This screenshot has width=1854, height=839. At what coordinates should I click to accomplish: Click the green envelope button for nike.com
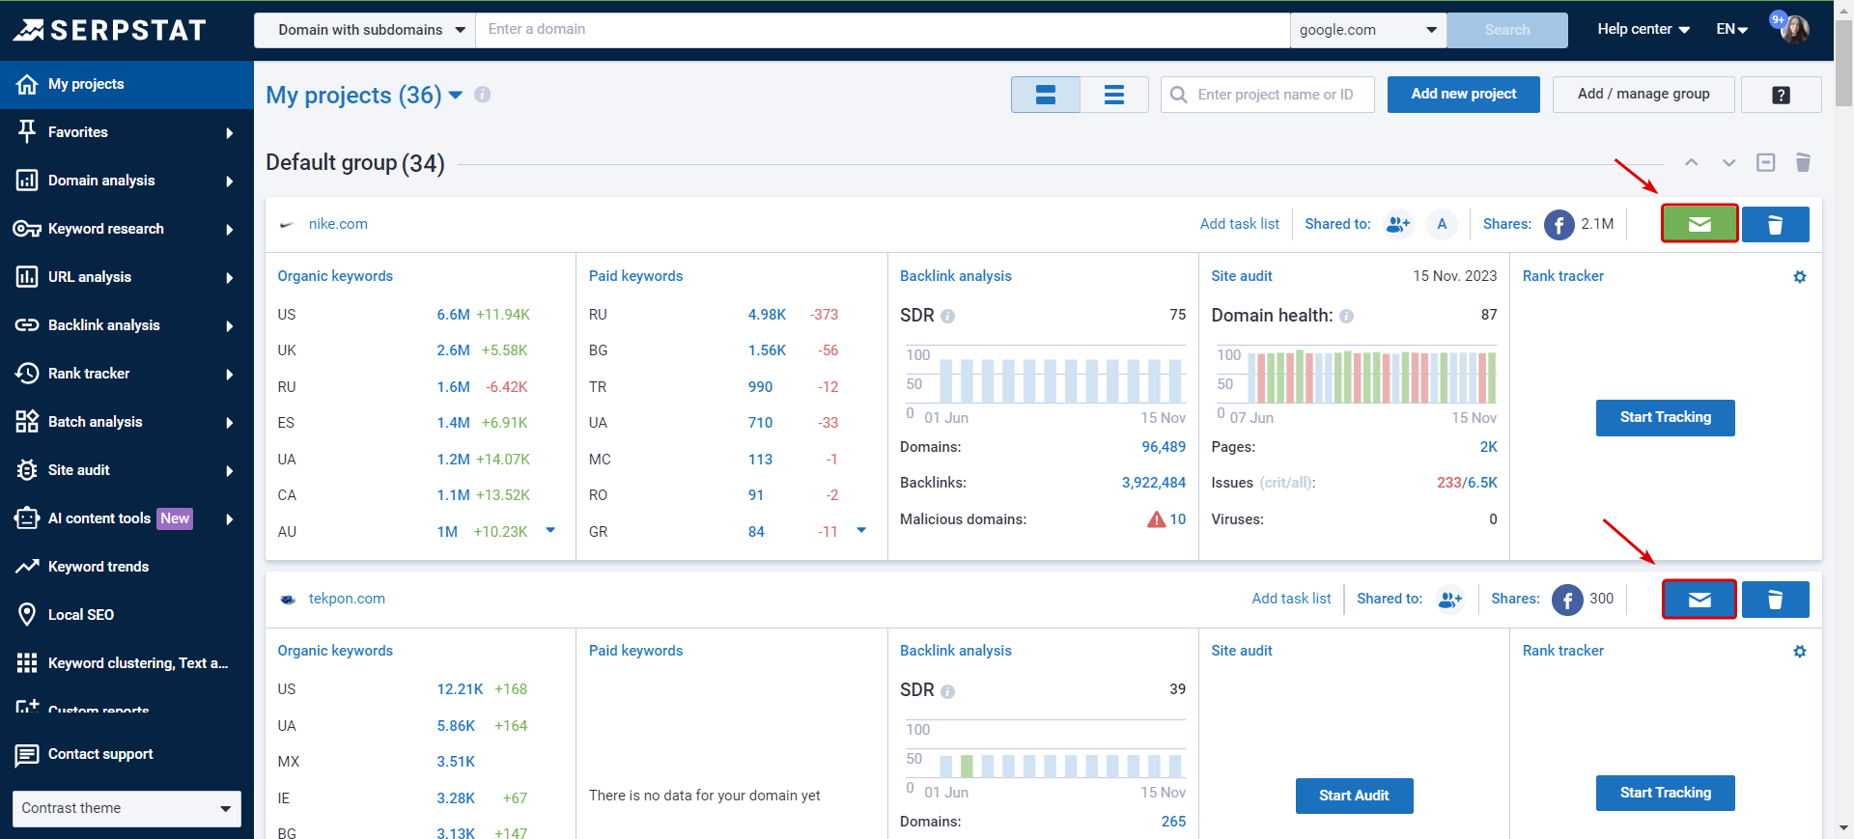[x=1699, y=224]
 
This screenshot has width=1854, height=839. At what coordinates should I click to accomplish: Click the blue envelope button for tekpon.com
[x=1699, y=600]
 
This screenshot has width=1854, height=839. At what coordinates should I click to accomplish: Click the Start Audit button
[x=1354, y=796]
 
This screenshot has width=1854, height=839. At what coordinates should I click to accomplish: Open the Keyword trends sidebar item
[x=98, y=567]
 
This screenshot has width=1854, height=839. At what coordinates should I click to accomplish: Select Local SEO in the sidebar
[x=81, y=615]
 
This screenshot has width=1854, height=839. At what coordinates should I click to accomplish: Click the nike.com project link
[x=338, y=224]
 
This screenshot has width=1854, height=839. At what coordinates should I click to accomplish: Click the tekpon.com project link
[x=347, y=599]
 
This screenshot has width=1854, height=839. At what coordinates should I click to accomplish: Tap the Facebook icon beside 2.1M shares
[x=1559, y=224]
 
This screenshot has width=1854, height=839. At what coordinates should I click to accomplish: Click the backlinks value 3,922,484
[x=1153, y=483]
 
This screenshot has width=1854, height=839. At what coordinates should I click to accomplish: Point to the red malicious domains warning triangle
[x=1156, y=519]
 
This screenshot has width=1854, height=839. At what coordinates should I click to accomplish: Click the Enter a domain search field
[x=883, y=30]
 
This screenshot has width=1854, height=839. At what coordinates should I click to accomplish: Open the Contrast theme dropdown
[x=126, y=808]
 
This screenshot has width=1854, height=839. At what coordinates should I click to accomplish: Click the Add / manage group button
[x=1643, y=94]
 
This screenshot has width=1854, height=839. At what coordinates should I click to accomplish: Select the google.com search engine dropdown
[x=1367, y=30]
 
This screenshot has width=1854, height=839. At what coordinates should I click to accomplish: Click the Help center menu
[x=1643, y=29]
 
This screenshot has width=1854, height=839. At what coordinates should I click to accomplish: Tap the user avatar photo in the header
[x=1795, y=29]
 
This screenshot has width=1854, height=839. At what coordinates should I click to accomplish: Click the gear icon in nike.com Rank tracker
[x=1799, y=277]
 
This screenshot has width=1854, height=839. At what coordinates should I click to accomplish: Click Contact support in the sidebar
[x=100, y=754]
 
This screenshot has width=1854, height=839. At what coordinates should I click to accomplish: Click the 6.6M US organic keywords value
[x=453, y=315]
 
